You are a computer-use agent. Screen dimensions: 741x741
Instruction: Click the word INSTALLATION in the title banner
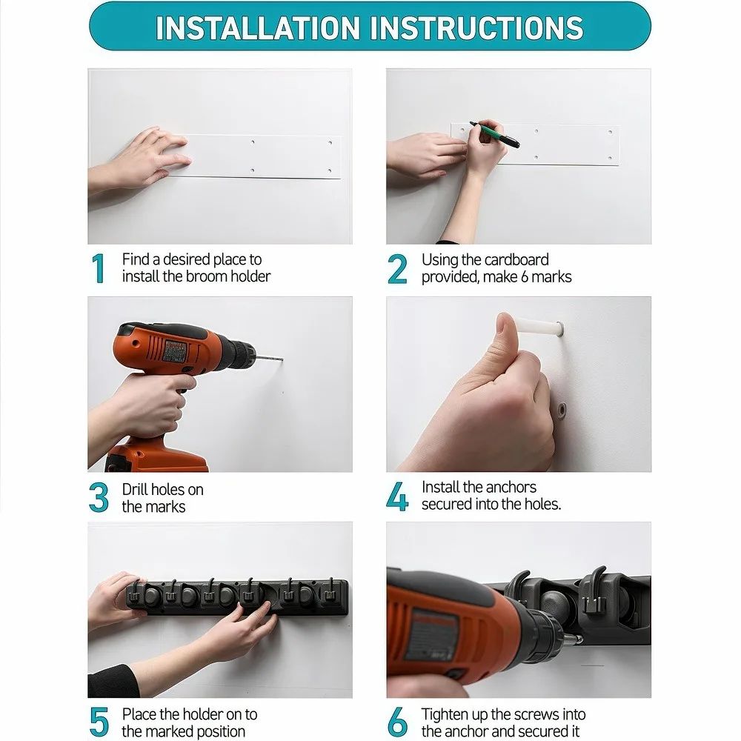coord(259,28)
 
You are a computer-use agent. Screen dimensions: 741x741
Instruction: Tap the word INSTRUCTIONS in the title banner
coord(476,28)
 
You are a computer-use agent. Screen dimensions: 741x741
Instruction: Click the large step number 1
coord(98,268)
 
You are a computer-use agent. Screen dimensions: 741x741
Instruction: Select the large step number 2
coord(397,269)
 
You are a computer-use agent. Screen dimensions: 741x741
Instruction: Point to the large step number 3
coord(99,497)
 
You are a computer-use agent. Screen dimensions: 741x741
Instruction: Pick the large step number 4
coord(397,496)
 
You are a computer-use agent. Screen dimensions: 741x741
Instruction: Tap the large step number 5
coord(99,722)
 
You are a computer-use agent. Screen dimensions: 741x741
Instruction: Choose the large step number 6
coord(397,722)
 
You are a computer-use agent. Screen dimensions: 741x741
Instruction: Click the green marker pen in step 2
coord(494,133)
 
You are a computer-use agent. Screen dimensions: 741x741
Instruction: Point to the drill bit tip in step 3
coord(282,360)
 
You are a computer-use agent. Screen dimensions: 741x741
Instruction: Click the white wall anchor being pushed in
coord(539,327)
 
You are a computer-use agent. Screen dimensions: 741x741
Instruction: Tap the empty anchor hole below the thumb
coord(562,409)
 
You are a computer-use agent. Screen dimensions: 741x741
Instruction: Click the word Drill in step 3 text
coord(134,490)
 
